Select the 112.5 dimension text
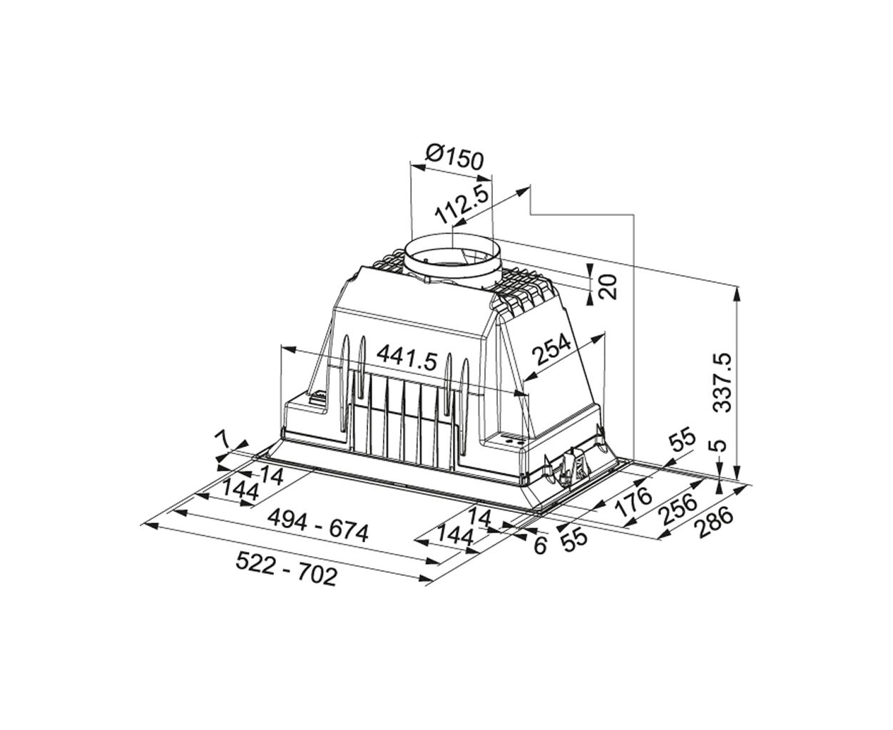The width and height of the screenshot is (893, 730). [463, 205]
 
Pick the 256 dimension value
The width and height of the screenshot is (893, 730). [680, 510]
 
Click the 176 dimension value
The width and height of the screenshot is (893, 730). [634, 501]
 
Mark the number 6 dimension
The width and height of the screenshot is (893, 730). [539, 545]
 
